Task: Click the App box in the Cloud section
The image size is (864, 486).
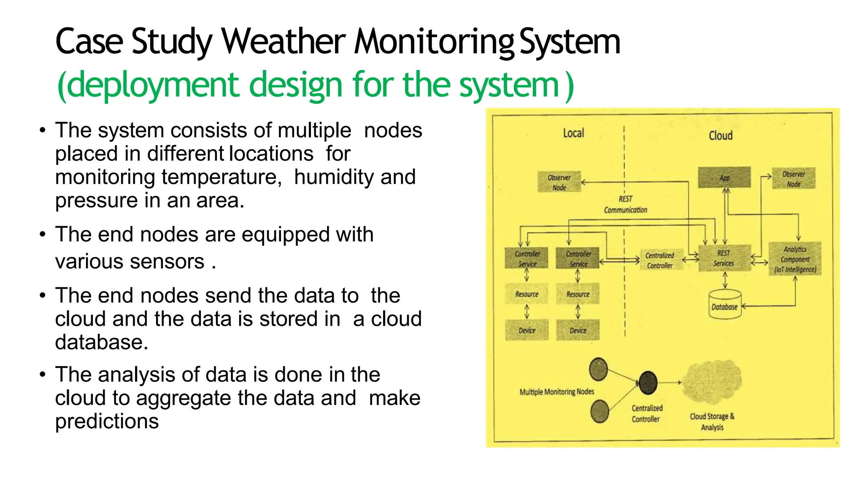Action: [724, 178]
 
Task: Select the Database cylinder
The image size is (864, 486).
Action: [724, 304]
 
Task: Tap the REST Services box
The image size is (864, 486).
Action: [724, 258]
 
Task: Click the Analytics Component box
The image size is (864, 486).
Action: [795, 259]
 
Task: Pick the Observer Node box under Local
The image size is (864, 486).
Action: [559, 182]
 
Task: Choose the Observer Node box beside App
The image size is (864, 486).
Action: [794, 178]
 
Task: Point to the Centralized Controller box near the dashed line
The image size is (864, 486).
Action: [660, 260]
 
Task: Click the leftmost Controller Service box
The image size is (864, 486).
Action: [526, 258]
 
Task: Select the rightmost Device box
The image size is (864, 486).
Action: [578, 330]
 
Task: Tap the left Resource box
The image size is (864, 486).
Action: [526, 294]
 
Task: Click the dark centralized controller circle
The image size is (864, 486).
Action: [648, 382]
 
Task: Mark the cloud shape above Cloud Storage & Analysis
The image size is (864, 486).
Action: [712, 382]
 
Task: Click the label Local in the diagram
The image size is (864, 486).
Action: [573, 133]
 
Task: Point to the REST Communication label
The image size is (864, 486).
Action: [625, 205]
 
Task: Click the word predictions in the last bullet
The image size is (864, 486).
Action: [107, 421]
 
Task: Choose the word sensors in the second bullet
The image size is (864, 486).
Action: [172, 261]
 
